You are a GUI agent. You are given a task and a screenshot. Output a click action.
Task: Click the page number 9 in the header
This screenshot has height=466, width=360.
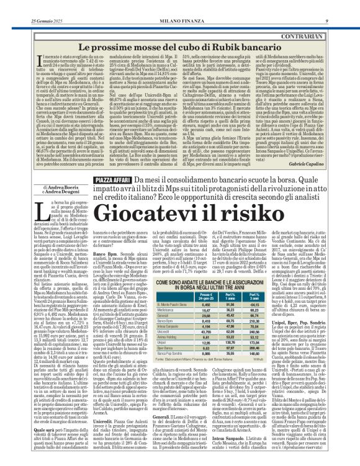click(343, 6)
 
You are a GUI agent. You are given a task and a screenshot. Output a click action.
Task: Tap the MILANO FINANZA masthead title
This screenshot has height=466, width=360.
click(179, 6)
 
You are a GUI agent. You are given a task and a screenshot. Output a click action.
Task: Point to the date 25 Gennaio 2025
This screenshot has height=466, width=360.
click(29, 6)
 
